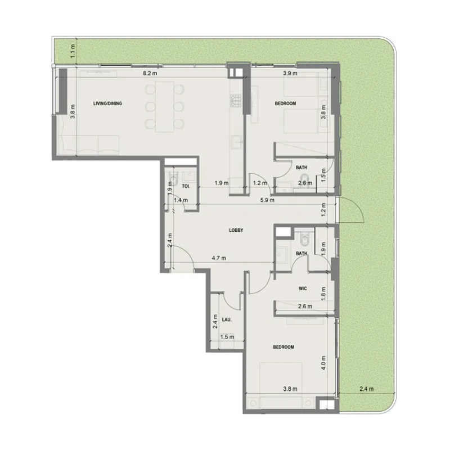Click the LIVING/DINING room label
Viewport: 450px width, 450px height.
[x=107, y=103]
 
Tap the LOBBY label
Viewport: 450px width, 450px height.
[x=236, y=231]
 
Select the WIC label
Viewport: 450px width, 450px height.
[x=301, y=289]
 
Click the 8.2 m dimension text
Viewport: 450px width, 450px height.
[x=149, y=74]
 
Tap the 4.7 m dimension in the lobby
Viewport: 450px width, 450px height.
[x=219, y=259]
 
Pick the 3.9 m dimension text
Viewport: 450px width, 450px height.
[x=290, y=74]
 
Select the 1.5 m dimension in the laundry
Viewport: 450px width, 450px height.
[x=227, y=337]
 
